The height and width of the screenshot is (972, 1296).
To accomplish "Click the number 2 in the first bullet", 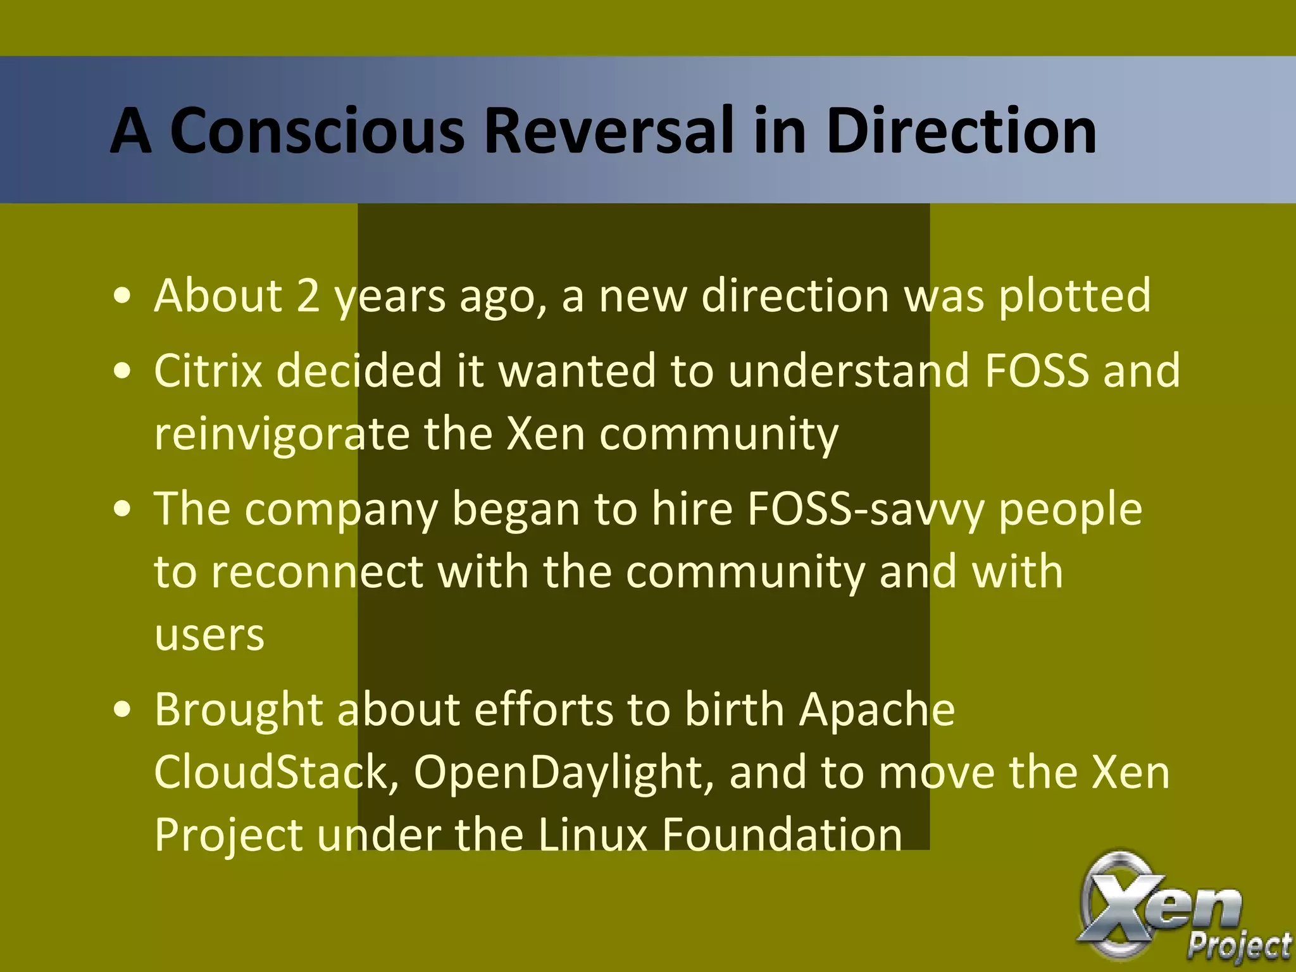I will pyautogui.click(x=308, y=296).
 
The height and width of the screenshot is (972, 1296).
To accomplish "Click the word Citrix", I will pyautogui.click(x=208, y=370).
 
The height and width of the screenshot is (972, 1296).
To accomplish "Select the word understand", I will pyautogui.click(x=849, y=370).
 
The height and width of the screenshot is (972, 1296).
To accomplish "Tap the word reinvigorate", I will pyautogui.click(x=282, y=435).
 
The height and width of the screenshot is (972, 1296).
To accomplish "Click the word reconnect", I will pyautogui.click(x=316, y=571).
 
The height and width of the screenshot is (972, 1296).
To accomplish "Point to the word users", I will pyautogui.click(x=209, y=635).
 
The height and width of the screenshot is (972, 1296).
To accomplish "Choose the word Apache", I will pyautogui.click(x=877, y=709).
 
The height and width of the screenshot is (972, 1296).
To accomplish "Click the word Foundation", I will pyautogui.click(x=782, y=834).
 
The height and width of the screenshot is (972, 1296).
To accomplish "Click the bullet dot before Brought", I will pyautogui.click(x=123, y=710).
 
